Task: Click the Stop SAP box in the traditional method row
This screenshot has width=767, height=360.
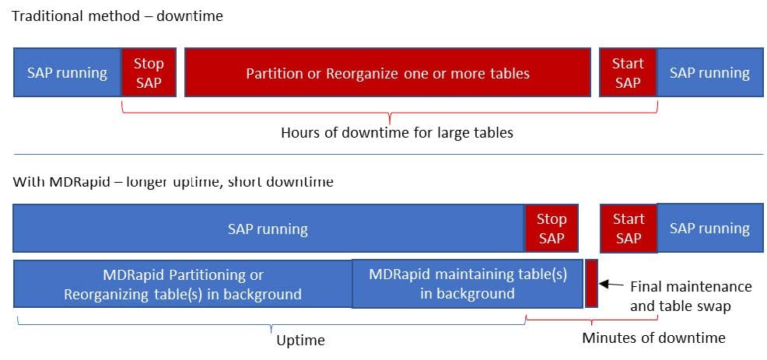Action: click(149, 72)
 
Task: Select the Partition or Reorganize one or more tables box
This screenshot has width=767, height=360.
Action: click(387, 72)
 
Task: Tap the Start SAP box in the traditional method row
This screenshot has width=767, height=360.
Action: click(628, 72)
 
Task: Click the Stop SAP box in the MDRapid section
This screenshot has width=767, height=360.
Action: click(552, 228)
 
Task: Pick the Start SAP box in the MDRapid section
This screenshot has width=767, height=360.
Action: click(628, 228)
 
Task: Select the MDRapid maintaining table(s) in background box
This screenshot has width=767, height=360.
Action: click(467, 284)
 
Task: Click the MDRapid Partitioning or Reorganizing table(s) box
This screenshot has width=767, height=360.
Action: click(183, 284)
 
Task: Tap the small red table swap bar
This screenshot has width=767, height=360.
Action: click(591, 284)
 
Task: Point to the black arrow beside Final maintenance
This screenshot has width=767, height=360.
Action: click(611, 285)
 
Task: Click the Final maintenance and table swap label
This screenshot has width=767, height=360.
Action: click(691, 296)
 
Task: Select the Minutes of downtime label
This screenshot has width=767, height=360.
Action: click(653, 337)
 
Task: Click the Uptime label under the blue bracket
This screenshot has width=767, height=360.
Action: click(300, 340)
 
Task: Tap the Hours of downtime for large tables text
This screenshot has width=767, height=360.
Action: click(397, 132)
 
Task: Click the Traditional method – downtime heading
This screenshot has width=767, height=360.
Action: click(117, 16)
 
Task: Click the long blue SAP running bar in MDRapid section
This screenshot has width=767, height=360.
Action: click(268, 228)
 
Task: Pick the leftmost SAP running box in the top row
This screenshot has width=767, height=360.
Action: click(67, 72)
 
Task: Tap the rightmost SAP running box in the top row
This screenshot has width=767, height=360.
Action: click(709, 72)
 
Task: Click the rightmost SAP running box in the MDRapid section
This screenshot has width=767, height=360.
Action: click(710, 228)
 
